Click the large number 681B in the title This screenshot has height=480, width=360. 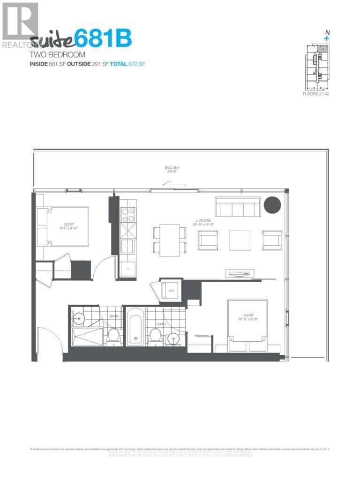point(104,38)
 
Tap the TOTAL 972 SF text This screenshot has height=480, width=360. point(127,63)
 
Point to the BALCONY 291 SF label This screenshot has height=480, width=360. point(172,170)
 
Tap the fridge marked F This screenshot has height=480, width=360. point(127,269)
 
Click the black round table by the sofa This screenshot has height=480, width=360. point(272,204)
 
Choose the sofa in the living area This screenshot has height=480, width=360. point(238,207)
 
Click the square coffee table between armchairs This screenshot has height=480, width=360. point(240,240)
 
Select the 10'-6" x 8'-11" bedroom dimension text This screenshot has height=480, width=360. point(248,320)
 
